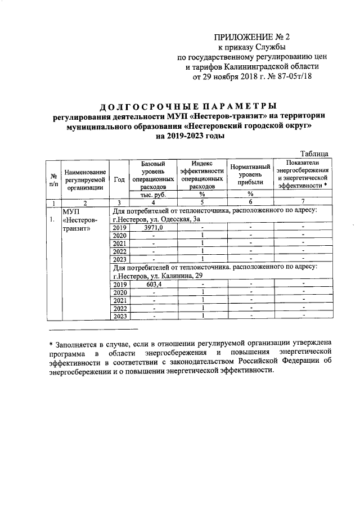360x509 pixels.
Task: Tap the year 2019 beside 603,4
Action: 119,284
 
